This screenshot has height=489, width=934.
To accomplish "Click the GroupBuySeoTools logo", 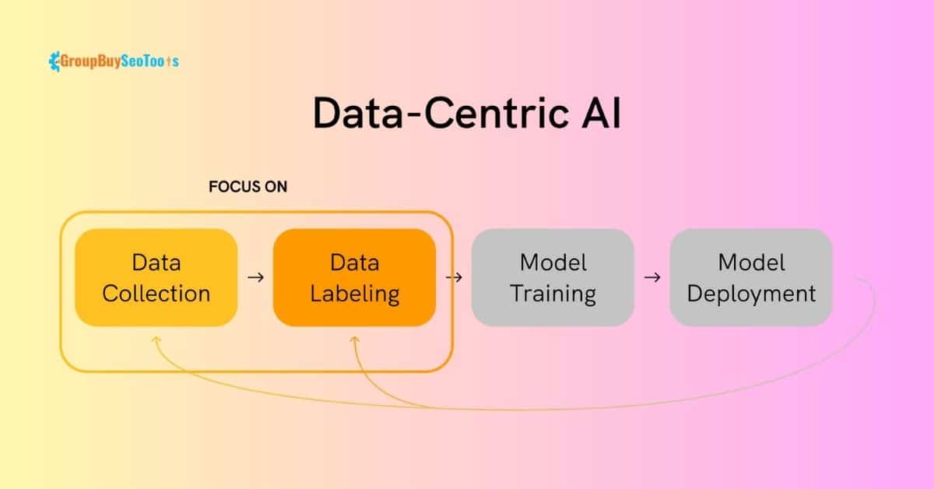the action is (114, 62).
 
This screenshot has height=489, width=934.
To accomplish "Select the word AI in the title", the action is (602, 113).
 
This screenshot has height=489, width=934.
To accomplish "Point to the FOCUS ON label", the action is (248, 187).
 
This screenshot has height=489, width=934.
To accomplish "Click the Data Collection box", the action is (156, 277).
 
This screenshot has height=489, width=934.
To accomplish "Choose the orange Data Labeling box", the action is (354, 277).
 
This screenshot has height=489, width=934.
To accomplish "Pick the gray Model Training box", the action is (553, 277).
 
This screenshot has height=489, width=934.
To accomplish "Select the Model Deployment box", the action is (751, 277).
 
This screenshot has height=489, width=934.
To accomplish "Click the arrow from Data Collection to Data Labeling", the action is (255, 277).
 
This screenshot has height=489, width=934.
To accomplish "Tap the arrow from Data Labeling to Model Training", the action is (454, 277).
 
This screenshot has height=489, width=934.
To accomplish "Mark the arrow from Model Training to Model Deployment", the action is (652, 277).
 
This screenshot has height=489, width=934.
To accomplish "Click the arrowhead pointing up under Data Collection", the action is (156, 340).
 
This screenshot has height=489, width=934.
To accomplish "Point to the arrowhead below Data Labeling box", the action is (354, 340).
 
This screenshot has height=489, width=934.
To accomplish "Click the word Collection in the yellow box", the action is (156, 294).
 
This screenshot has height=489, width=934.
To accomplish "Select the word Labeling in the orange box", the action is (354, 294).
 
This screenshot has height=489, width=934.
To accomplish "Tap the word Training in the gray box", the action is (553, 294).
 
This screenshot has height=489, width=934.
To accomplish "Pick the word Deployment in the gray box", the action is (751, 294).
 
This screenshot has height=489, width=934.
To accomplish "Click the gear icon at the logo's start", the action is (54, 62).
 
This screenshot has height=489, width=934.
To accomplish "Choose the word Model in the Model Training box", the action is (553, 263).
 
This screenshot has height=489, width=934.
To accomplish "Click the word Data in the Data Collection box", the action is (156, 263).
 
